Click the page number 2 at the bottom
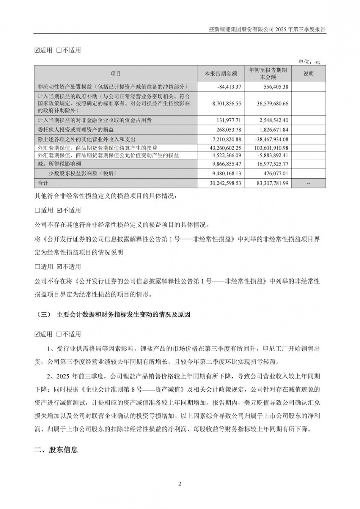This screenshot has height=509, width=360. tap(180, 483)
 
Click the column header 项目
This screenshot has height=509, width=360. tap(116, 74)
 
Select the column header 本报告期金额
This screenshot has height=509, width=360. tap(221, 74)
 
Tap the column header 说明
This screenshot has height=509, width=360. tap(309, 74)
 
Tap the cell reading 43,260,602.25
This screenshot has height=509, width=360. tap(224, 148)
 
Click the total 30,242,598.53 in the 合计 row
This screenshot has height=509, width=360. tap(224, 183)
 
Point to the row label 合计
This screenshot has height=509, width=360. tap(43, 183)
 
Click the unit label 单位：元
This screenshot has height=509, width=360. tap(309, 62)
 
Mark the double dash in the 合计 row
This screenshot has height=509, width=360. tap(308, 183)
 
